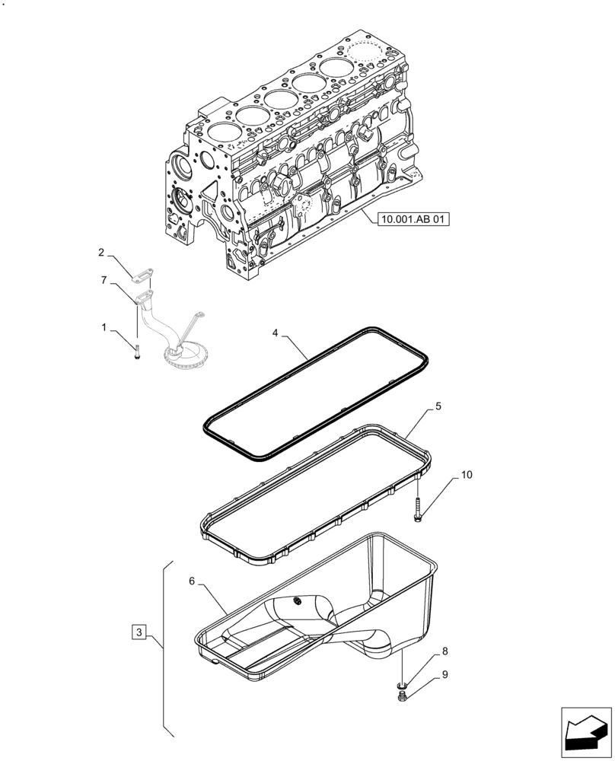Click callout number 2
(100, 252)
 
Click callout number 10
(466, 476)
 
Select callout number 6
(193, 581)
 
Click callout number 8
(445, 651)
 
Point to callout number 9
(445, 673)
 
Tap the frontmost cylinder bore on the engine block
(220, 134)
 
